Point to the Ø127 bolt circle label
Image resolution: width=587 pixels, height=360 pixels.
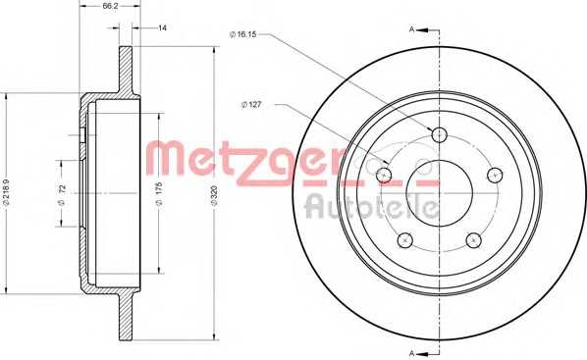(x=252, y=102)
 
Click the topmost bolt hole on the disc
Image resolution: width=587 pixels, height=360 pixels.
(x=440, y=134)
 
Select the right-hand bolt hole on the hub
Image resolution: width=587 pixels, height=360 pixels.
(x=496, y=174)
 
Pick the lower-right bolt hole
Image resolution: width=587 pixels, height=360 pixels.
(x=474, y=240)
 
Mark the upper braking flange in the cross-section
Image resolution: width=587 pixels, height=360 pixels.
(x=127, y=69)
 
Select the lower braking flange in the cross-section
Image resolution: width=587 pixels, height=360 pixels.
(x=127, y=316)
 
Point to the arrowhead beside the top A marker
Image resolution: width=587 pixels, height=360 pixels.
(x=429, y=28)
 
